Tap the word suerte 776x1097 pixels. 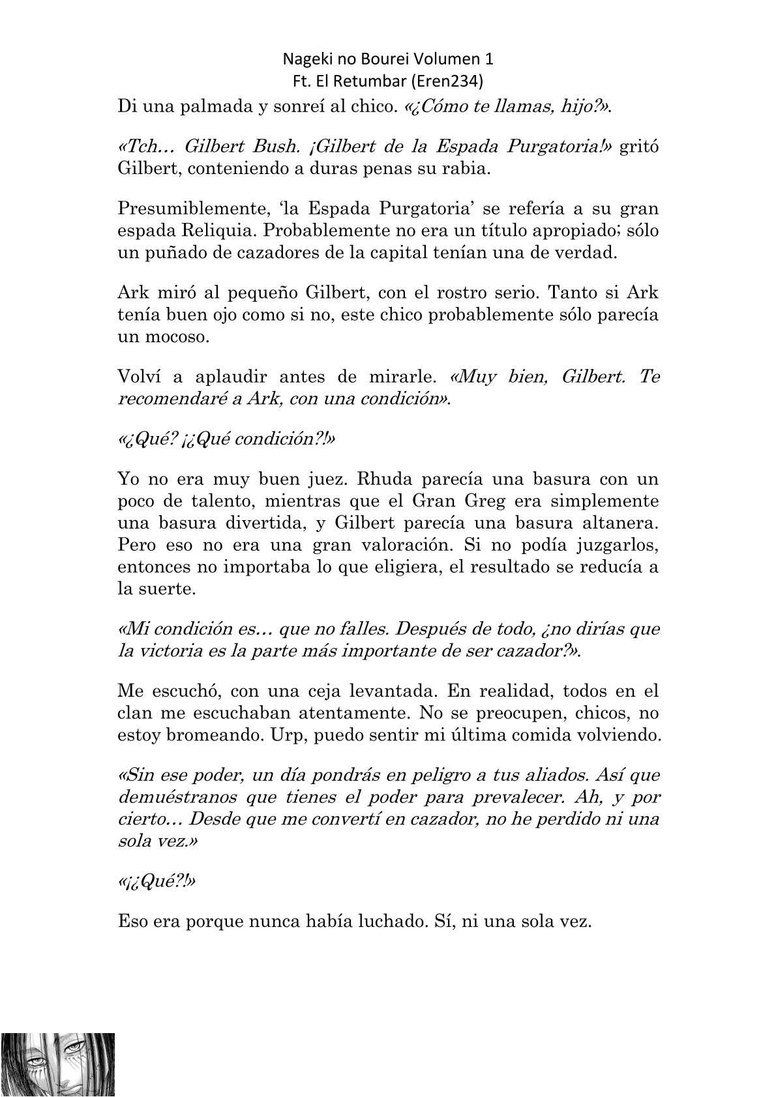166,589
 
